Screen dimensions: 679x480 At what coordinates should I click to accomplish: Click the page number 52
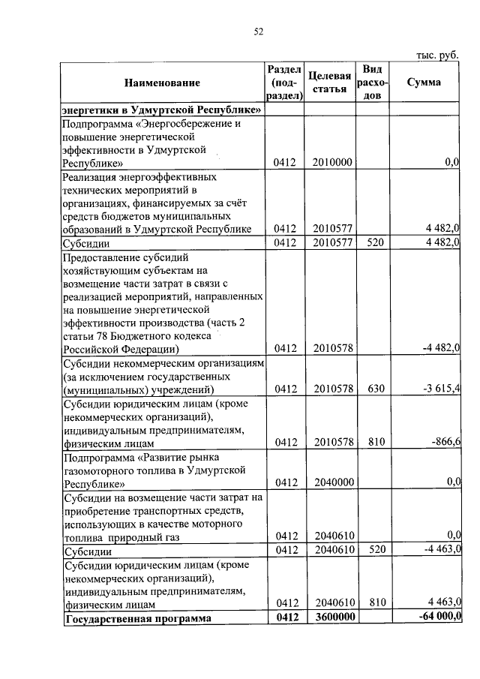click(x=259, y=31)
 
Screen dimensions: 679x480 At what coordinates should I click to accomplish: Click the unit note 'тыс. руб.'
click(x=438, y=55)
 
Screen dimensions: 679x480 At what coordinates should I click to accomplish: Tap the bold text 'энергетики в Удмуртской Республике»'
click(x=161, y=110)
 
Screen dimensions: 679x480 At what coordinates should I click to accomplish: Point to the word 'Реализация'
click(x=90, y=177)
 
